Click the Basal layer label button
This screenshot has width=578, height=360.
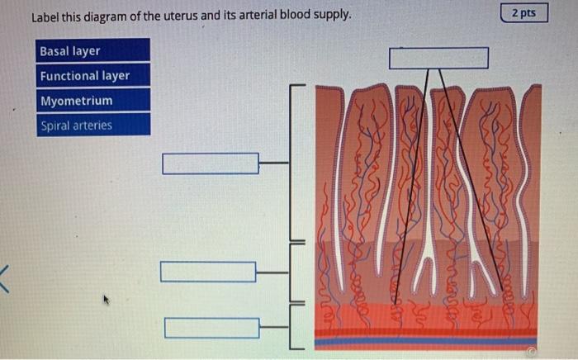click(x=92, y=51)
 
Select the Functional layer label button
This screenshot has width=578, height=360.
click(x=92, y=76)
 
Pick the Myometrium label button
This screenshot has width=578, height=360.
click(x=92, y=101)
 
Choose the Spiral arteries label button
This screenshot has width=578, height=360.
click(x=92, y=126)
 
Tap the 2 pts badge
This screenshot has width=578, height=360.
click(x=524, y=13)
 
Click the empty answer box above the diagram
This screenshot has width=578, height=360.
click(x=438, y=58)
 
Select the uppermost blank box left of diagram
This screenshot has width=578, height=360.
click(x=211, y=163)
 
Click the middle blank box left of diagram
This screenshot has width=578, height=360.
click(x=208, y=272)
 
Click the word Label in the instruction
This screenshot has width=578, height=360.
click(x=46, y=16)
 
